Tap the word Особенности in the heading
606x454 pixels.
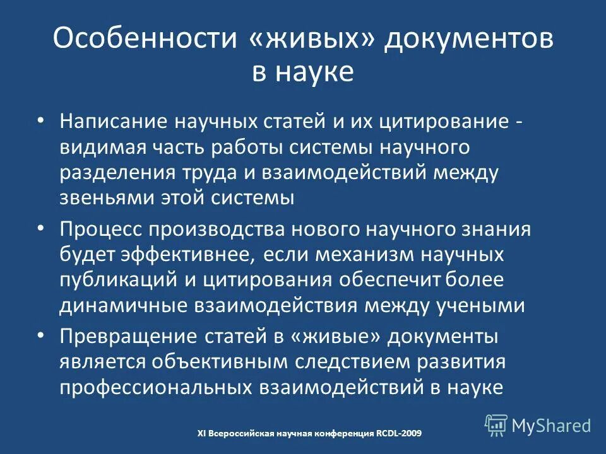(x=145, y=40)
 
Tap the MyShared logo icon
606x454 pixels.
(x=496, y=425)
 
